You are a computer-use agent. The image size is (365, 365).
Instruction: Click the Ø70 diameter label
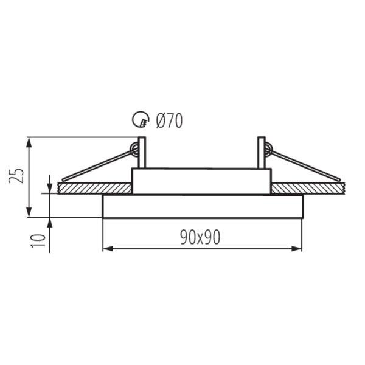pos(169,120)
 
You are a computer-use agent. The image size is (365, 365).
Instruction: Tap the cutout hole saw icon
pos(141,119)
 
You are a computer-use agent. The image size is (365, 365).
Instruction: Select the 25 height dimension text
pos(16,176)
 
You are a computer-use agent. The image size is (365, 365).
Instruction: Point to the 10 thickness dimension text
pos(38,241)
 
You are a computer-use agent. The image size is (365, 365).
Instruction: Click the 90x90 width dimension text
pos(200,237)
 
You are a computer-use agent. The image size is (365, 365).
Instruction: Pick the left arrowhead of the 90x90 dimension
pos(108,249)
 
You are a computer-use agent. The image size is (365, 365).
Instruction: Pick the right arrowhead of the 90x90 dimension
pos(297,249)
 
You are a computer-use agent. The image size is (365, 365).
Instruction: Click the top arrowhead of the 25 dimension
pos(29,142)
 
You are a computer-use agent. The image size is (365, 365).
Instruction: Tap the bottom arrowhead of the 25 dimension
pos(29,212)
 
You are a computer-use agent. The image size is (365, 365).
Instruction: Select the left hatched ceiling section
pos(95,189)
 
